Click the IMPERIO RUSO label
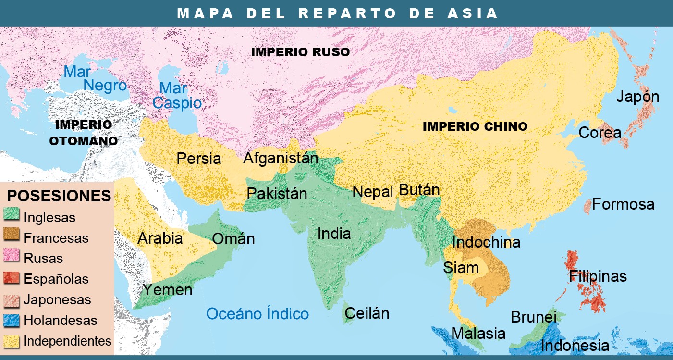(x=300, y=52)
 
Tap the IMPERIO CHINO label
(x=475, y=127)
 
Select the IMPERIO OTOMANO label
(x=84, y=133)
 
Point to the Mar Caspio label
(x=177, y=95)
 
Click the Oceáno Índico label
(x=257, y=314)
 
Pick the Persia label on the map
(x=199, y=158)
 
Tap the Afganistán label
(x=281, y=158)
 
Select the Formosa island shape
(x=587, y=206)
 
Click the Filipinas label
(x=598, y=276)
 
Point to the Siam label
(x=461, y=267)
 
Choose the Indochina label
(x=486, y=242)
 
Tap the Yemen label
(x=167, y=290)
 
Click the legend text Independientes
(x=67, y=341)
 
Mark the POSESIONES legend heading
(x=59, y=196)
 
